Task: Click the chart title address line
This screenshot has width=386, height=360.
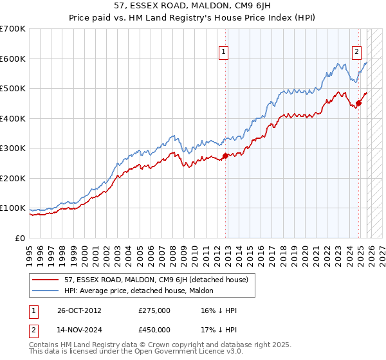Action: pos(193,7)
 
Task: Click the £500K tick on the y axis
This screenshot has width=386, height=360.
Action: pos(13,88)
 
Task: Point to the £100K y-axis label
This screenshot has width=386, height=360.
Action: pos(13,208)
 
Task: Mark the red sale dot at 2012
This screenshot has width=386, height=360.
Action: pos(225,156)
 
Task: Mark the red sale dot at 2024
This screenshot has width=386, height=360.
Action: pos(359,104)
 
